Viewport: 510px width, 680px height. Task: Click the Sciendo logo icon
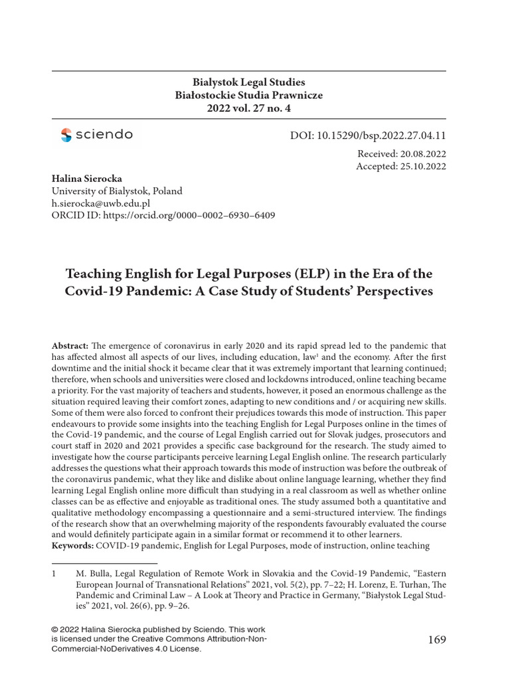tap(66, 135)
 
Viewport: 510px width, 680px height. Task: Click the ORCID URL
tap(189, 215)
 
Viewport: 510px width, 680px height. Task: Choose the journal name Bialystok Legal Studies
tap(248, 82)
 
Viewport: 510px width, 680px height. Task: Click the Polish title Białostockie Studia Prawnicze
tap(248, 95)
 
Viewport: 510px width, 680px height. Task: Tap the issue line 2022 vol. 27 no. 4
tap(248, 108)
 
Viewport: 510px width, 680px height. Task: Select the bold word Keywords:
tap(72, 546)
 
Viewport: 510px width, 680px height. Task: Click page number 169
tap(437, 639)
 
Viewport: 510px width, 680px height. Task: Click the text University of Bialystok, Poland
tap(117, 191)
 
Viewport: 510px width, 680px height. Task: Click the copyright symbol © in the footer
tap(55, 628)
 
